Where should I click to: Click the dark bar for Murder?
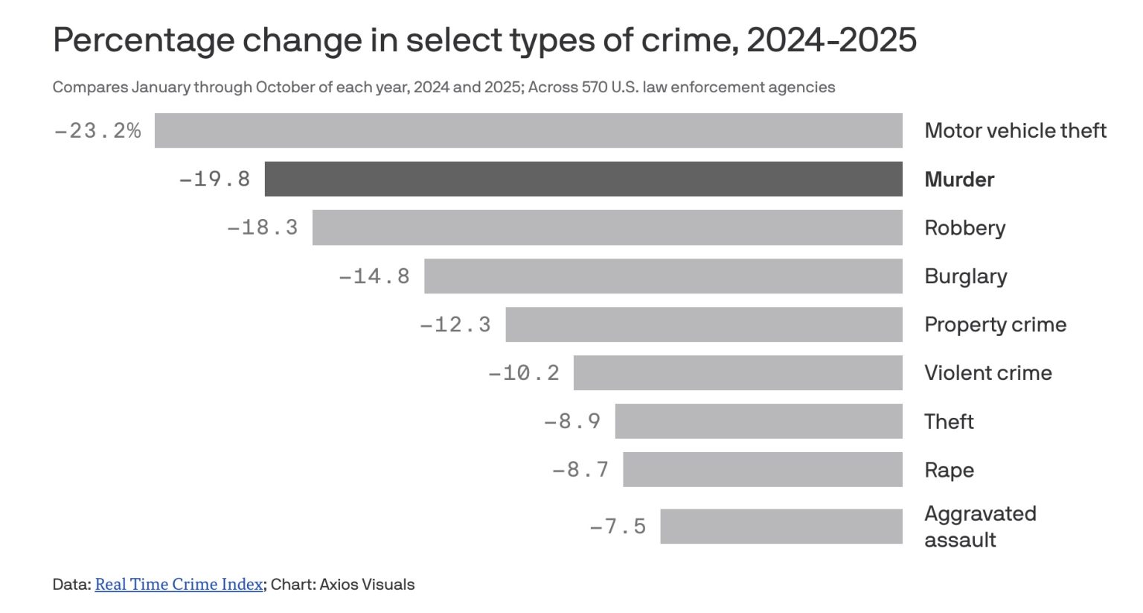[x=583, y=179]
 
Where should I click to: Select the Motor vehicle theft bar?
[x=528, y=130]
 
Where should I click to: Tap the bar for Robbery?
[x=607, y=227]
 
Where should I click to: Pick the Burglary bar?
[x=663, y=276]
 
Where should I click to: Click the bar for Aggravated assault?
[x=781, y=526]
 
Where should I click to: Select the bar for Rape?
[x=763, y=469]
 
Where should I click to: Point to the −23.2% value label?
[x=97, y=131]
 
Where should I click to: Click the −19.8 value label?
[x=214, y=180]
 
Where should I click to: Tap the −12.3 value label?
[x=455, y=325]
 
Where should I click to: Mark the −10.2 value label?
[x=524, y=373]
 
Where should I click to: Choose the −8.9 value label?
[x=572, y=422]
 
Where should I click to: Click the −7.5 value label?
[x=618, y=527]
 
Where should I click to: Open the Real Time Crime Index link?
[x=179, y=584]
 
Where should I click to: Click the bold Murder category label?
[x=959, y=180]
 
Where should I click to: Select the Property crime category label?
[x=995, y=325]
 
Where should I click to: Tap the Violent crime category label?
[x=987, y=373]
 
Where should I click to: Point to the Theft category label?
[x=949, y=422]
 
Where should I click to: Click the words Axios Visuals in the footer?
[x=367, y=584]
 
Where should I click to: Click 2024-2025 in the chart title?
[x=831, y=40]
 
